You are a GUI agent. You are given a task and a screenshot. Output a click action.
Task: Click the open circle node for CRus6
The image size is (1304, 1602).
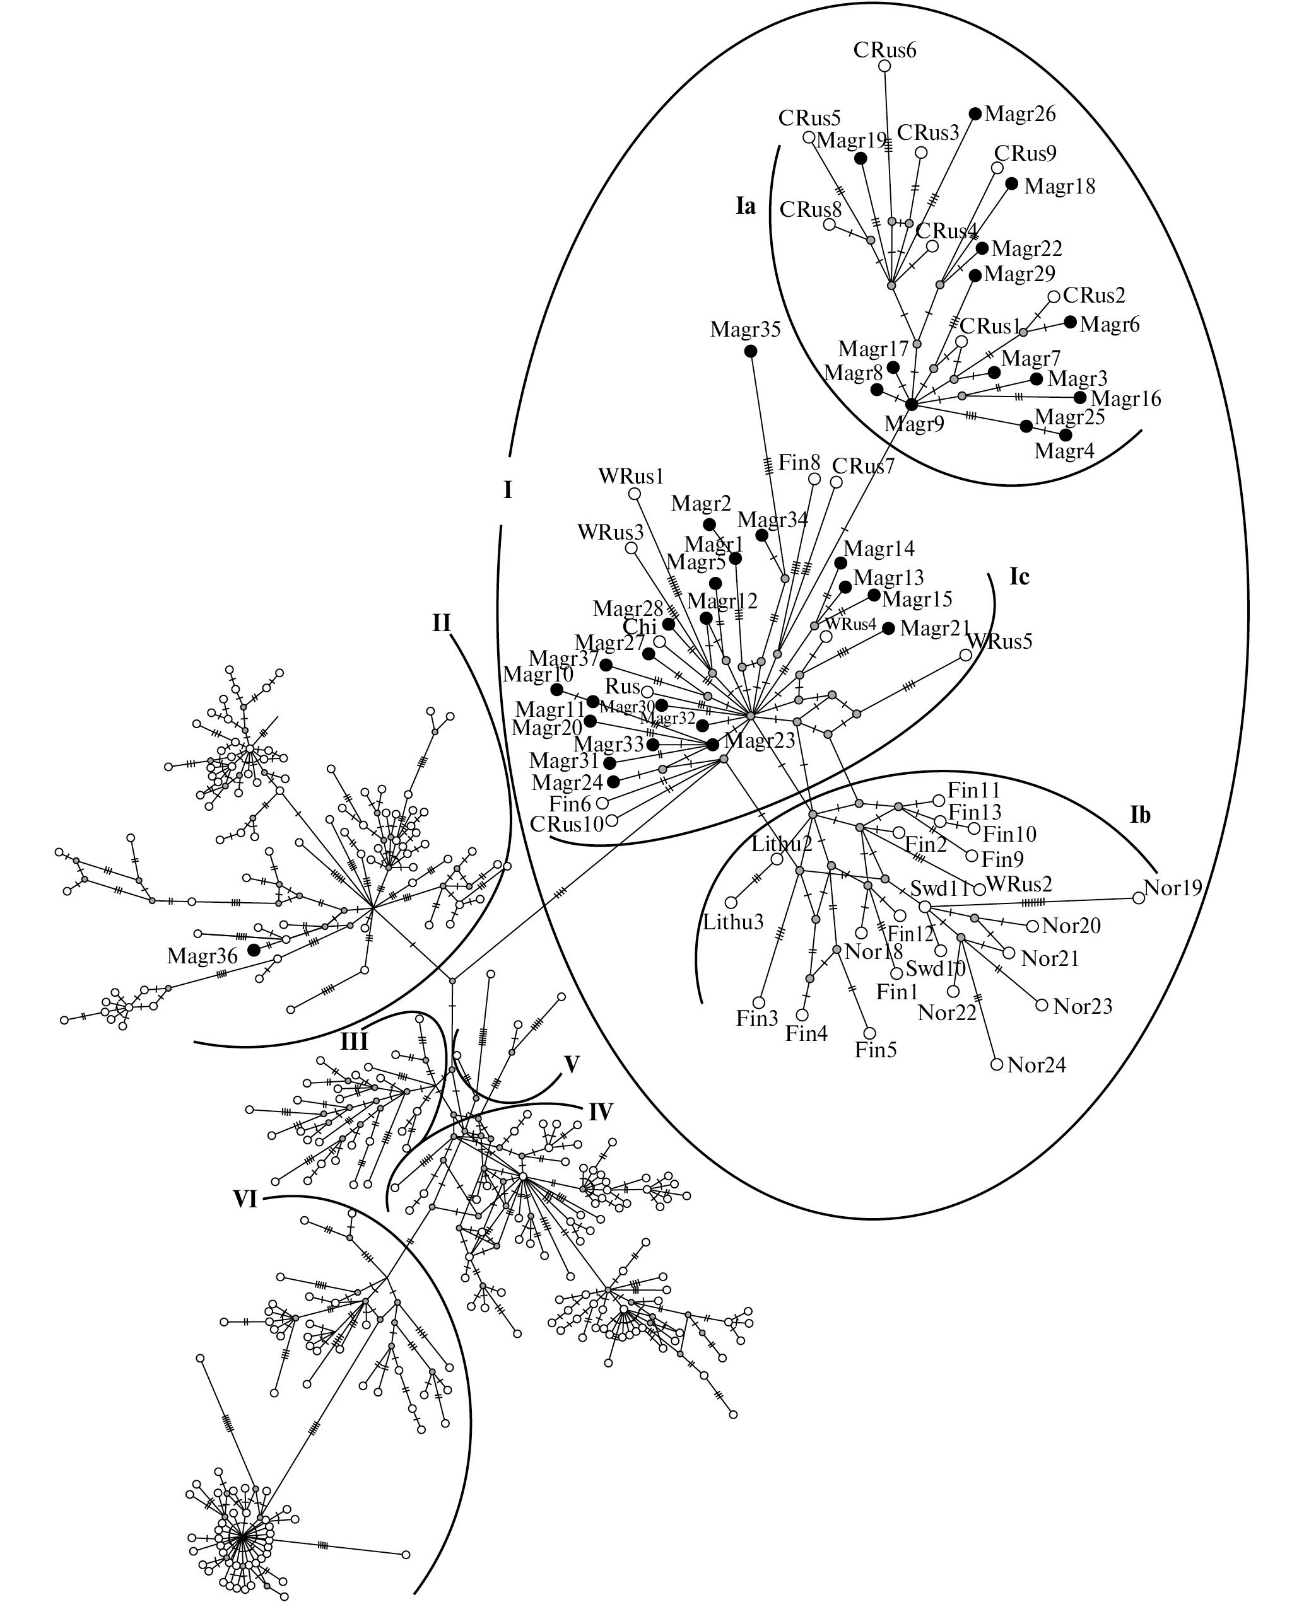tap(885, 66)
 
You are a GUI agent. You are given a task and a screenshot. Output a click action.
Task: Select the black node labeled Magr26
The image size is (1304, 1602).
tap(975, 113)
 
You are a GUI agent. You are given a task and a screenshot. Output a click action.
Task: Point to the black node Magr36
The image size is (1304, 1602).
tap(254, 949)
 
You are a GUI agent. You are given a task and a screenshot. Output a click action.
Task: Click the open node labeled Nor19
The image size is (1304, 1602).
tap(1139, 898)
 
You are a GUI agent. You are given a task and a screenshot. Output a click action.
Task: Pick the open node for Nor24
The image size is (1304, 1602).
tap(997, 1064)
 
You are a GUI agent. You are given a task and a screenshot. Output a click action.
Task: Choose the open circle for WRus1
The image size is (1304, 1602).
tap(635, 493)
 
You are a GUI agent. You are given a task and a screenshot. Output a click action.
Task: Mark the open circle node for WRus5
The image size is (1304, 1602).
tap(966, 654)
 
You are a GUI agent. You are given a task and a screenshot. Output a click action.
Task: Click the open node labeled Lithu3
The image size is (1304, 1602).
tap(731, 902)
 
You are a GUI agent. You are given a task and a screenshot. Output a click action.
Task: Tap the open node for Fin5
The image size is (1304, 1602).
tap(870, 1033)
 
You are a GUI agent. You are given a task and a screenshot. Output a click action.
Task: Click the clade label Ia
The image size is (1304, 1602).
tap(745, 206)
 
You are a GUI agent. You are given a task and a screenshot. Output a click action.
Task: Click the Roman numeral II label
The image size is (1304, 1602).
tap(441, 622)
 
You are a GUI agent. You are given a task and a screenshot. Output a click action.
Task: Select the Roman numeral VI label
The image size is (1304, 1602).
tap(245, 1200)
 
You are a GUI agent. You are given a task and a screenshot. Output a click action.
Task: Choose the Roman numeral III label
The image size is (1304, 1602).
tap(354, 1042)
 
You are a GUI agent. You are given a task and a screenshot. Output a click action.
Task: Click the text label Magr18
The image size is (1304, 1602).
tap(1059, 186)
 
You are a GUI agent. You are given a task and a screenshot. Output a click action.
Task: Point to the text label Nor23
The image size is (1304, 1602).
tap(1083, 1006)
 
